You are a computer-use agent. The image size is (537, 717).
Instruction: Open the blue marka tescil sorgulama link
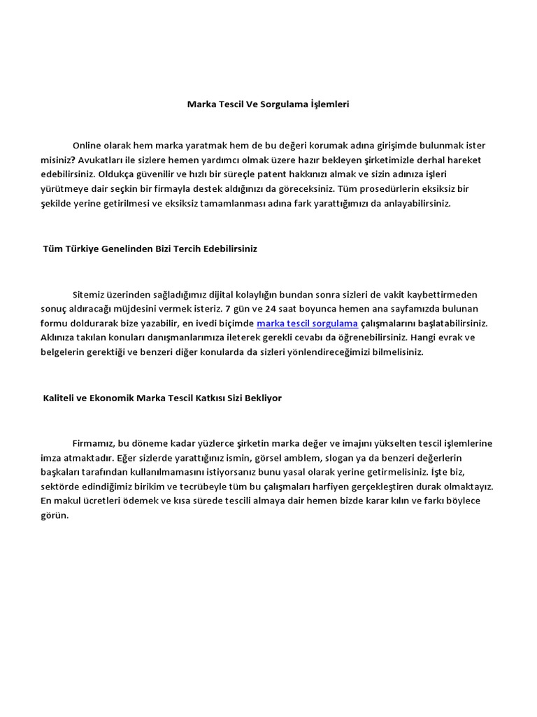click(307, 323)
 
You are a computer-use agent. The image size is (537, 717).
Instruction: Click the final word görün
click(55, 515)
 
